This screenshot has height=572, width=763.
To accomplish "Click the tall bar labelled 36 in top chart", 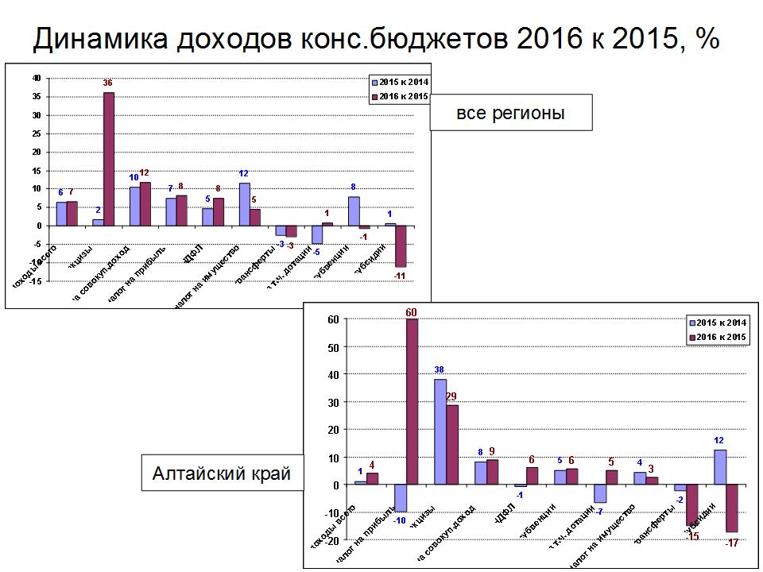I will coord(108,159).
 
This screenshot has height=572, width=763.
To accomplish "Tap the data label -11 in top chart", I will coord(400,276).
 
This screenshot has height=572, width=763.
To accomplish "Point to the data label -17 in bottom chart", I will coord(733,543).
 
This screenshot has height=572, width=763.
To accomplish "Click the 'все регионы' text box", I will coord(511,113).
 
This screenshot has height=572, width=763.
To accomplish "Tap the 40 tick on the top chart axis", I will coord(35,78).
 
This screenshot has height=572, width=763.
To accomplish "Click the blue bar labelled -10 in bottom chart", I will coord(401,498).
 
